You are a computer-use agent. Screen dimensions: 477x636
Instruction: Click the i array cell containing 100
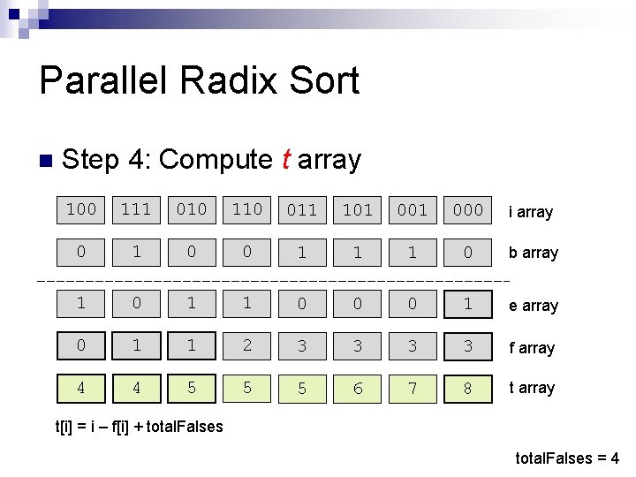point(81,209)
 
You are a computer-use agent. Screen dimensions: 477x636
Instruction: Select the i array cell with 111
point(136,209)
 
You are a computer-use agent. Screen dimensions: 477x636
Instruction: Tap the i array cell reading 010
point(192,209)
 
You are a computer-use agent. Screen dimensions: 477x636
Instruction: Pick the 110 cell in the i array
point(246,209)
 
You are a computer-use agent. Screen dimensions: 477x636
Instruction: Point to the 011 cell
point(302,210)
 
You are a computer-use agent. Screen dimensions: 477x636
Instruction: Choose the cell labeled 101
point(357,210)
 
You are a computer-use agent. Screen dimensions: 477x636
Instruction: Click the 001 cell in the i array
point(413,210)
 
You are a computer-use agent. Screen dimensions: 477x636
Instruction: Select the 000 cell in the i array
point(467,210)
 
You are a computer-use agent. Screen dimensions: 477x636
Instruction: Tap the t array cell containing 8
point(467,389)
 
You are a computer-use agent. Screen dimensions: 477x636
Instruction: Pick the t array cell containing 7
point(413,389)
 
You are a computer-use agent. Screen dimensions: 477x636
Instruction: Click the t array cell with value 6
point(357,389)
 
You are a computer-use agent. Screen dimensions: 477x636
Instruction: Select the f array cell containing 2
point(246,344)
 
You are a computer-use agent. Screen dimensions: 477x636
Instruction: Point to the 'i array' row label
point(530,212)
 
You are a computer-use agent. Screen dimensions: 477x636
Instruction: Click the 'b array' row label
point(533,253)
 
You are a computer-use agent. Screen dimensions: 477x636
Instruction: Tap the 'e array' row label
point(533,306)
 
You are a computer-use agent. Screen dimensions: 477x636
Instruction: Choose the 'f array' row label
point(531,348)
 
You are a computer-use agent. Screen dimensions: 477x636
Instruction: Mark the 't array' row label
point(531,388)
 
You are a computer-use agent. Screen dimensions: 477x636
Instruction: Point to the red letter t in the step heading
point(285,160)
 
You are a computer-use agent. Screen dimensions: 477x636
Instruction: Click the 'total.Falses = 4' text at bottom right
point(567,458)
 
